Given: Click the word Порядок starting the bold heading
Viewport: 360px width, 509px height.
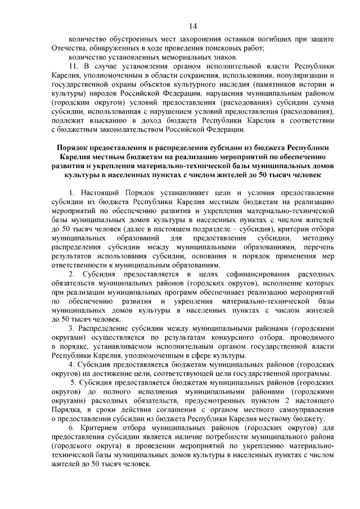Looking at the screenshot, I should pos(75,147).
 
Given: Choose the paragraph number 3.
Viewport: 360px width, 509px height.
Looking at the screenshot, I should pos(70,327).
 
